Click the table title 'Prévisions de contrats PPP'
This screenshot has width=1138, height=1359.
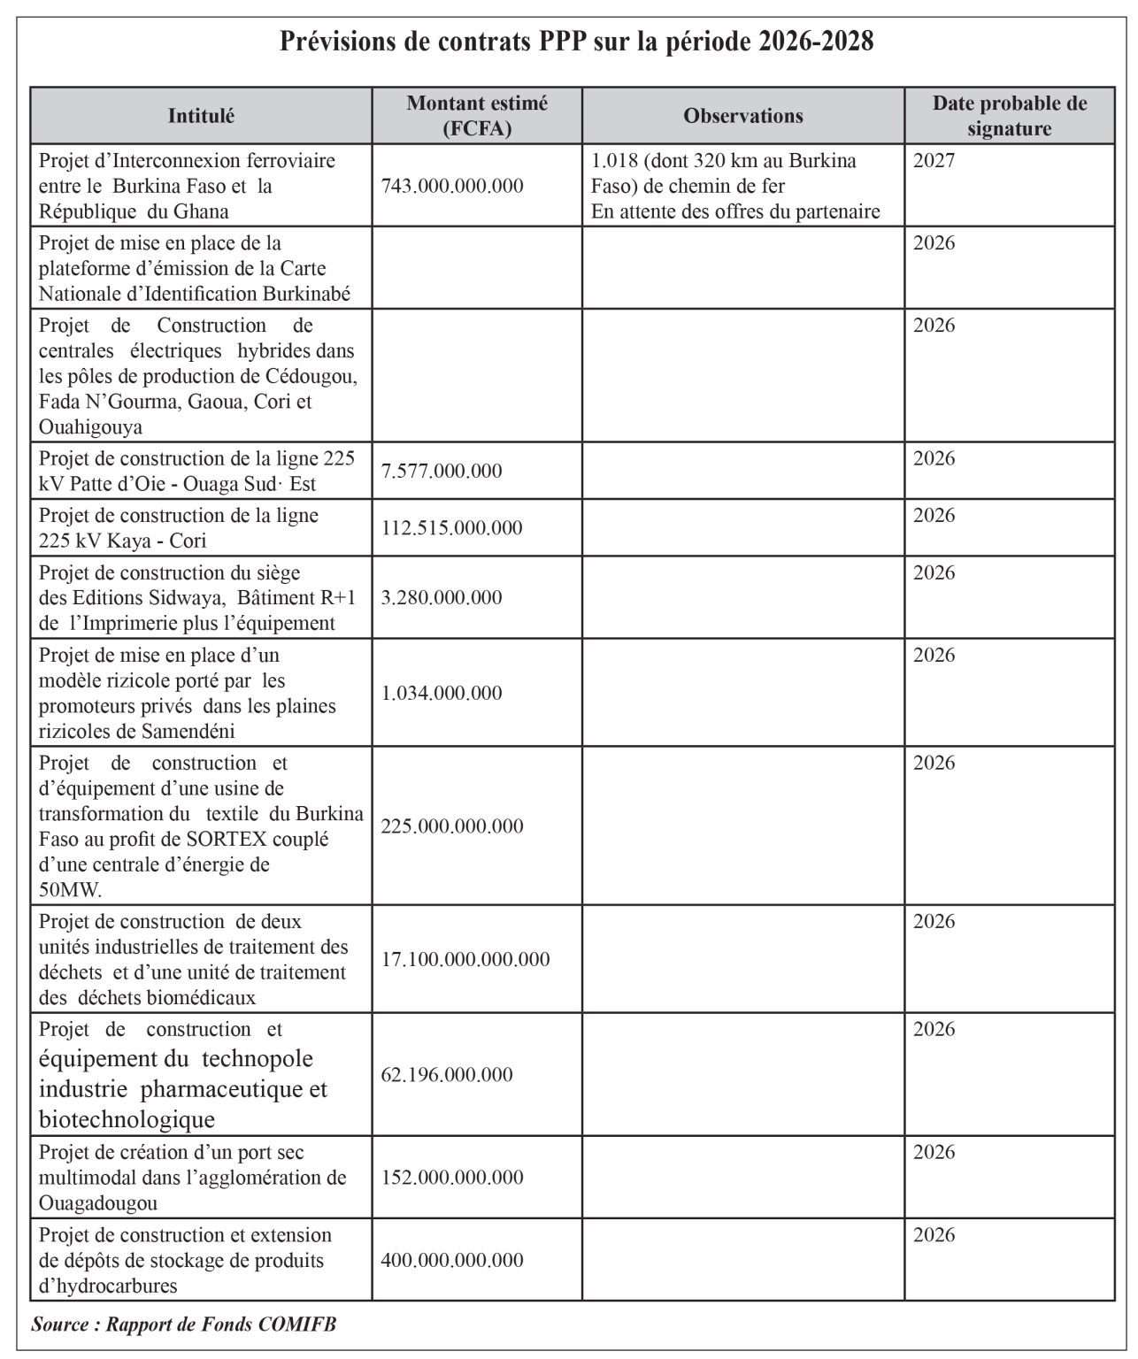(576, 42)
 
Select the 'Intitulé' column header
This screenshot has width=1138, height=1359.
(201, 116)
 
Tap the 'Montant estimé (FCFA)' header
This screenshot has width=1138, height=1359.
(477, 116)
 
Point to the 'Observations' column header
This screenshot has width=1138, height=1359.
(743, 116)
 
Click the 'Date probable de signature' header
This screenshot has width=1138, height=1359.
(1009, 116)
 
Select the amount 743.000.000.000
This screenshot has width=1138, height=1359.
(452, 186)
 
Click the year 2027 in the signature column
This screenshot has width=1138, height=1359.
(934, 161)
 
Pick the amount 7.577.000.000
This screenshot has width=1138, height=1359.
(442, 471)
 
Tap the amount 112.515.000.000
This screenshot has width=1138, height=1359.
(452, 528)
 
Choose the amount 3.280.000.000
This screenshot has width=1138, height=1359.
(442, 598)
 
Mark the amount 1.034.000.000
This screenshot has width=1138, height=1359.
(442, 693)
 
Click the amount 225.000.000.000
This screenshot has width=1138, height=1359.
(452, 826)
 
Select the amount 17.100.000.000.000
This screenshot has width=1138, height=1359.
(465, 959)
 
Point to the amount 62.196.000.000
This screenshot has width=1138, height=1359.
(447, 1075)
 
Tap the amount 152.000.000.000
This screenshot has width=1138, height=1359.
(452, 1178)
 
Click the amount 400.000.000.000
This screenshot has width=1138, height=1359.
(452, 1260)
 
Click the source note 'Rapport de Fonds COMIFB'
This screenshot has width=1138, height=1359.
(184, 1324)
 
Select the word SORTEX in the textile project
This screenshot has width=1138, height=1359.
(221, 839)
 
